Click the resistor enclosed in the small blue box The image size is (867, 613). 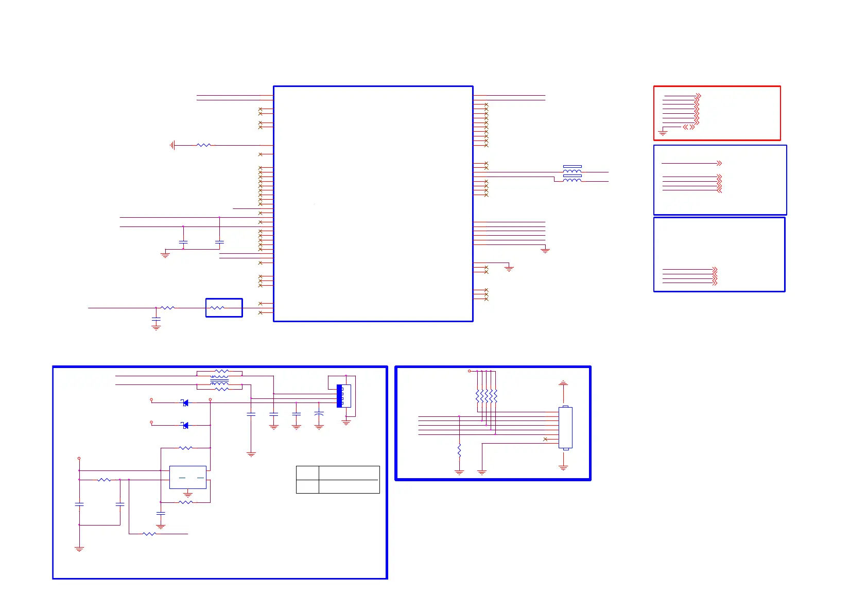pos(217,308)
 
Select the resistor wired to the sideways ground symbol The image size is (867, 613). pos(203,145)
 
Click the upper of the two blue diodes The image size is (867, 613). pos(185,402)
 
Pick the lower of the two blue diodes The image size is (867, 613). pos(185,425)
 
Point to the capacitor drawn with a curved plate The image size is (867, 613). pos(319,413)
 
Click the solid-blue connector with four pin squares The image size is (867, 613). pos(339,396)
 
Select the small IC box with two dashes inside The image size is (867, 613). pos(188,477)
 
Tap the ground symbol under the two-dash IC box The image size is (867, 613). pos(188,495)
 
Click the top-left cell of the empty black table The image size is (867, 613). pos(307,472)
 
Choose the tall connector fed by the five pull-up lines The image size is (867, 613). pos(565,428)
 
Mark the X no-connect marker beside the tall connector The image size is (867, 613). pos(545,439)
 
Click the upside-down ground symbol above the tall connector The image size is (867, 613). pos(563,383)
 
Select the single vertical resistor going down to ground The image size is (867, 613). pos(459,451)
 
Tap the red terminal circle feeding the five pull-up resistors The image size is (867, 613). pos(470,371)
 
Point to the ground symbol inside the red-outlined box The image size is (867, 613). pos(663,133)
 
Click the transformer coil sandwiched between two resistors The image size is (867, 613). pos(219,380)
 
